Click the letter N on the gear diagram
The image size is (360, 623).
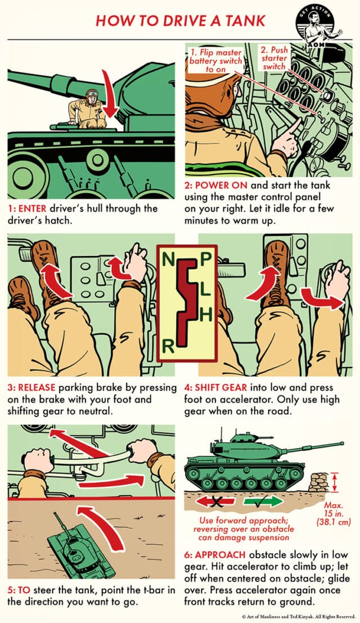(x=168, y=260)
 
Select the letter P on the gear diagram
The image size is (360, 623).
(x=206, y=258)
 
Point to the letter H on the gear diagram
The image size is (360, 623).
(x=206, y=316)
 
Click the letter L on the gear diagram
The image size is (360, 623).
(x=206, y=288)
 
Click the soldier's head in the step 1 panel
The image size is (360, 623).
(x=91, y=95)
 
